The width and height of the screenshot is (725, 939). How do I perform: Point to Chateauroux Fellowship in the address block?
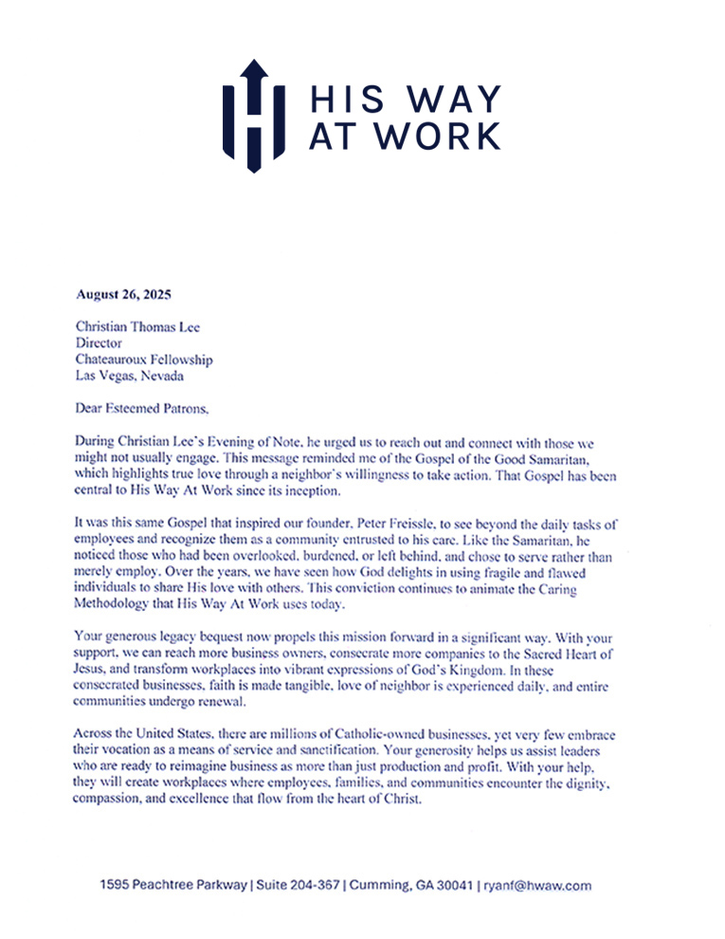pos(144,360)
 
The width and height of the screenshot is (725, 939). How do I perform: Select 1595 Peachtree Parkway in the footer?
pos(172,886)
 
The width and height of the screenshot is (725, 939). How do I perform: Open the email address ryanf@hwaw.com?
pos(537,886)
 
